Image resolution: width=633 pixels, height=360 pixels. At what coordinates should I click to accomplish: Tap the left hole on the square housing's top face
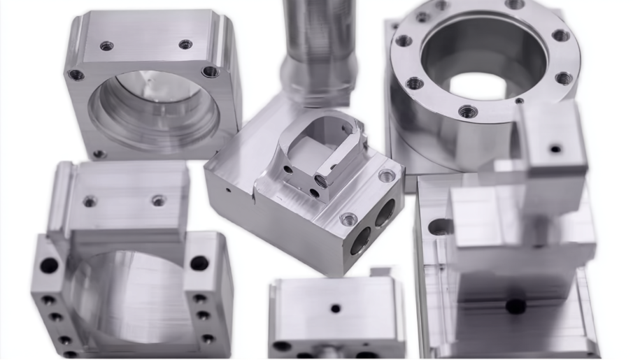[x=106, y=46]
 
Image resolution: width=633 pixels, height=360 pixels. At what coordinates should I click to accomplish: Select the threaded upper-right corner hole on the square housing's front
[x=210, y=71]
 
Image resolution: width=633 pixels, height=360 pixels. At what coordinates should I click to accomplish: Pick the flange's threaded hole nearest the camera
[x=467, y=111]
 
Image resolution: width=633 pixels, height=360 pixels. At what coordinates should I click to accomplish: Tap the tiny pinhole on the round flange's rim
[x=519, y=101]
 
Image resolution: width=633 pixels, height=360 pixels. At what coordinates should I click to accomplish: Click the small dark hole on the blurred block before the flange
[x=555, y=148]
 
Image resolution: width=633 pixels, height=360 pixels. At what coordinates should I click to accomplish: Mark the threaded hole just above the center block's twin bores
[x=348, y=219]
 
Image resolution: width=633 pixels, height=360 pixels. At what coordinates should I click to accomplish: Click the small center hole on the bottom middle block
[x=336, y=308]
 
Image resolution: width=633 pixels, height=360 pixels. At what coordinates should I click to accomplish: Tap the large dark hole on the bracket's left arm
[x=49, y=266]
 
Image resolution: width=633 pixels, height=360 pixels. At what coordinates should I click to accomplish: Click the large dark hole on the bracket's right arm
[x=199, y=264]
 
